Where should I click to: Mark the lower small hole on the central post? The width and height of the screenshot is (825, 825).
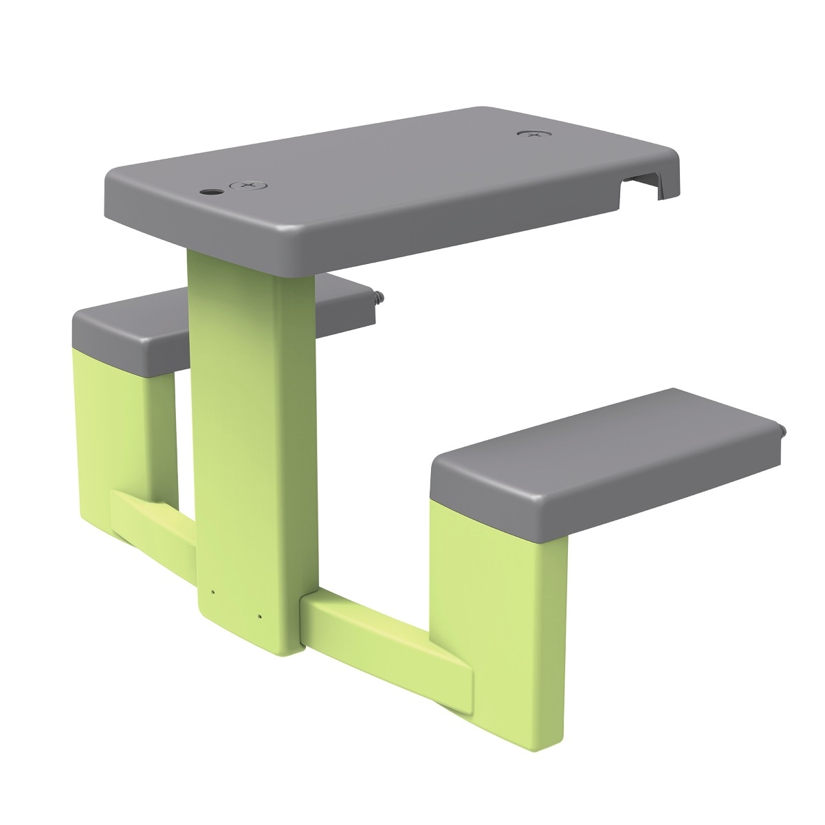coord(260,617)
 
